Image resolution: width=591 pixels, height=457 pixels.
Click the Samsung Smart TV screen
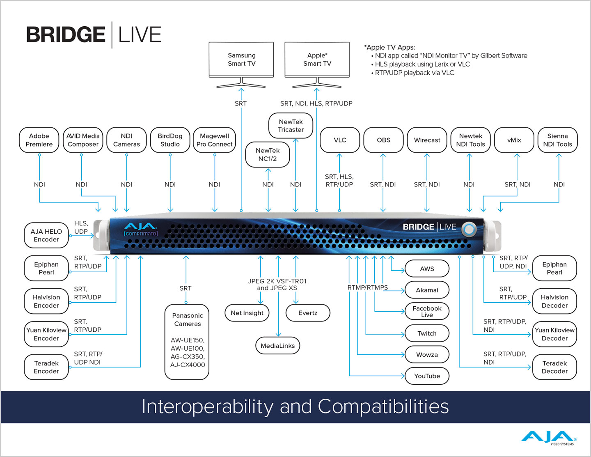coord(241,60)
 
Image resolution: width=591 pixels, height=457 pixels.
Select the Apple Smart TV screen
coord(317,60)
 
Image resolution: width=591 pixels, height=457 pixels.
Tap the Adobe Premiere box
coord(39,140)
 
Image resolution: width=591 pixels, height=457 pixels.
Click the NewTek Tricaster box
coord(291,126)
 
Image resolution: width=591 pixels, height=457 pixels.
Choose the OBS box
coord(383,140)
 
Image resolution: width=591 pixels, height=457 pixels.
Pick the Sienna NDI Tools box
coord(557,140)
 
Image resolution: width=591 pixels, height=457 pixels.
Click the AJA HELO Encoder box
coord(46,235)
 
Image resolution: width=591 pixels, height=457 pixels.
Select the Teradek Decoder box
coord(554,367)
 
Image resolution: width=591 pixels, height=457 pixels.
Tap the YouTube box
coord(427,376)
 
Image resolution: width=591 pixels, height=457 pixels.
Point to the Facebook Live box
coord(427,312)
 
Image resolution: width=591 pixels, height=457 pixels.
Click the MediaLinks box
coord(278,346)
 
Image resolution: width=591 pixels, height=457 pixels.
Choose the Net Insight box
coord(247,313)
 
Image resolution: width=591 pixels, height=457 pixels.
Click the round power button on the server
coord(469,229)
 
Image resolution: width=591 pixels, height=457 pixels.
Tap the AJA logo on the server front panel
coord(140,227)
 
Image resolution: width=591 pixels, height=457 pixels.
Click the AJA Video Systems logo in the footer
coord(549,438)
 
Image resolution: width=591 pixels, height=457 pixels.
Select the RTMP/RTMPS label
coord(367,287)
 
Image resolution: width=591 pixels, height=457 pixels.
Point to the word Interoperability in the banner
coord(207,406)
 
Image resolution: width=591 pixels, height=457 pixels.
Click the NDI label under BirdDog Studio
coord(170,185)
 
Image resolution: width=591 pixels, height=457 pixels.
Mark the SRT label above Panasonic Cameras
coord(186,288)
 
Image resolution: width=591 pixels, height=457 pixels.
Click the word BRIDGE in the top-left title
coord(66,34)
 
